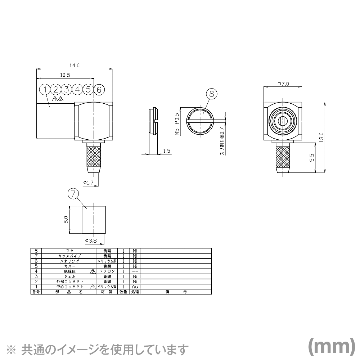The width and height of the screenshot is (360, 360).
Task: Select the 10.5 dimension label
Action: click(x=65, y=75)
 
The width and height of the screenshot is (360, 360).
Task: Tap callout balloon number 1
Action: click(x=45, y=89)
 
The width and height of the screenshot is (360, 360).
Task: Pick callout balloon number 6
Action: click(x=99, y=89)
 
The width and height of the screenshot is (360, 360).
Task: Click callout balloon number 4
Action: click(x=77, y=89)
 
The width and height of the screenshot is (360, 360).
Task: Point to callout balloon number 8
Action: click(x=212, y=93)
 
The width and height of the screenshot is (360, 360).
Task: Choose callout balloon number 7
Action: click(x=73, y=194)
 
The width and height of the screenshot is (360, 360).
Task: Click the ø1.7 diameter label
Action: click(x=88, y=183)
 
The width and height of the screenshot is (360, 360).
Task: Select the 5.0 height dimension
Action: click(x=66, y=220)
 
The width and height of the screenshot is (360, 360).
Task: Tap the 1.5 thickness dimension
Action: click(x=166, y=151)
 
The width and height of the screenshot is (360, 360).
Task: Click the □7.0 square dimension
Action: click(x=283, y=84)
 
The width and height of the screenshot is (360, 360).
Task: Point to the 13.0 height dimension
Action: click(x=321, y=137)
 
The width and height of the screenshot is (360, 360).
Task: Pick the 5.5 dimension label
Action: click(x=312, y=157)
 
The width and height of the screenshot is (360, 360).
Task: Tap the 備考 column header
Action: click(x=176, y=292)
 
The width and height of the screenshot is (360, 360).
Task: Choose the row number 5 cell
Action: click(x=36, y=266)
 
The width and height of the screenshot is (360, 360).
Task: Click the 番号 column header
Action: click(x=36, y=292)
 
